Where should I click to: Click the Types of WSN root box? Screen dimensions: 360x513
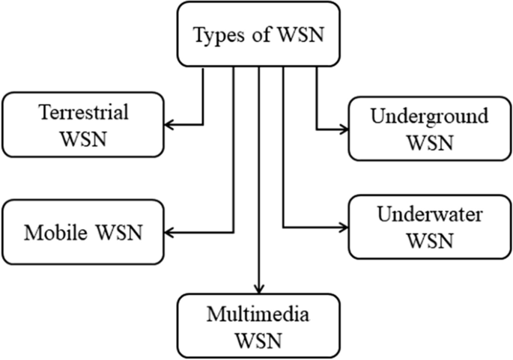coord(258,34)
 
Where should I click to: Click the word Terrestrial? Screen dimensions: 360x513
coord(84,112)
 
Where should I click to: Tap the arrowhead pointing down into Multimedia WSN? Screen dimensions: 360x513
coord(258,289)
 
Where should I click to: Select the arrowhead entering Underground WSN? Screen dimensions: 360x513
coord(343,129)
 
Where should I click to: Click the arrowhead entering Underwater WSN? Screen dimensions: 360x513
coord(343,228)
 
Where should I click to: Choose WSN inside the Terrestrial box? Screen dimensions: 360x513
coord(84,138)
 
